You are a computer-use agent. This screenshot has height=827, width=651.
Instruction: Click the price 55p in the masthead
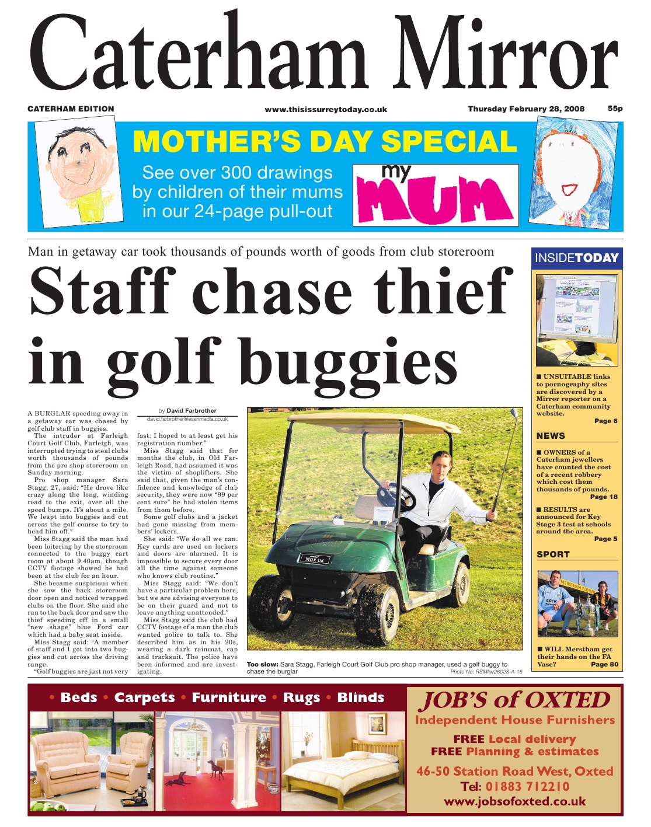coord(615,109)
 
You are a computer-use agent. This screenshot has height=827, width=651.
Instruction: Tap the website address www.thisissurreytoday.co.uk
coord(326,109)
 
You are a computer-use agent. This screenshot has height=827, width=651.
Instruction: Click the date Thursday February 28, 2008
coord(525,109)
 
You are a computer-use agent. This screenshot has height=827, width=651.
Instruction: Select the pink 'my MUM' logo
coord(436,195)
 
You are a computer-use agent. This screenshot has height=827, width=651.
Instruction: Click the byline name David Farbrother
coord(191,411)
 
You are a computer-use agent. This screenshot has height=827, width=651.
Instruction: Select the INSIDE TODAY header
coord(576,258)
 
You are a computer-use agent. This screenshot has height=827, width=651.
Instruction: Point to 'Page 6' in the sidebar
coord(605,421)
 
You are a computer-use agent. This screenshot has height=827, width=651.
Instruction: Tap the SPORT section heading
coord(553,554)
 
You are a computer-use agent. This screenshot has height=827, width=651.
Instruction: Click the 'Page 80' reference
coord(604,664)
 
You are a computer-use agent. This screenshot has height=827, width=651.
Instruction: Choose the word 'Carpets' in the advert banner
coord(144,697)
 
